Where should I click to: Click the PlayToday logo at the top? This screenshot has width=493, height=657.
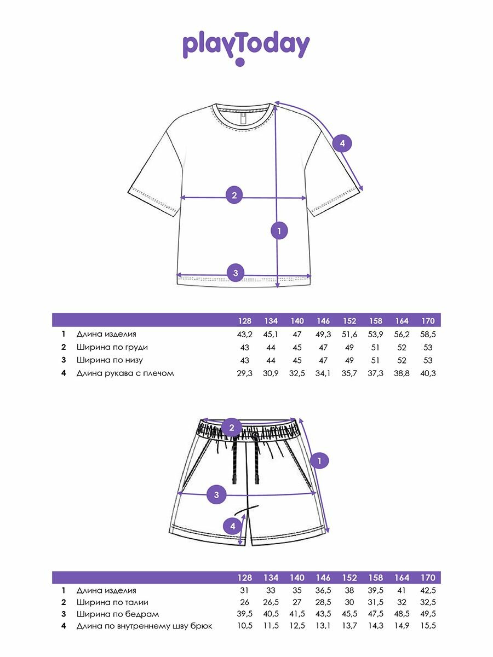246,47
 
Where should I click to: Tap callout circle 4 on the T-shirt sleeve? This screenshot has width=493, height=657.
342,143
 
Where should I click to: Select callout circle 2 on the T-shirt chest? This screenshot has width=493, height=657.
234,194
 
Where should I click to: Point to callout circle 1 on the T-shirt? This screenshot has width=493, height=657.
279,231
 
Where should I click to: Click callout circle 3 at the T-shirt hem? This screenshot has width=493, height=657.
236,273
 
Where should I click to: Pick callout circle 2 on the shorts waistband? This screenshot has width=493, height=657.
232,428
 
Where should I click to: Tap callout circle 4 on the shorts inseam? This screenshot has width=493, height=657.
233,526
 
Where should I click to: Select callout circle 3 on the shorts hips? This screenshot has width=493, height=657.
216,495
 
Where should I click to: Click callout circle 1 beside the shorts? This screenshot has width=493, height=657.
319,461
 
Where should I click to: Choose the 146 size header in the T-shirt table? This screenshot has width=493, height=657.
323,321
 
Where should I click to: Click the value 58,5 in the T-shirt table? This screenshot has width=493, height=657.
428,334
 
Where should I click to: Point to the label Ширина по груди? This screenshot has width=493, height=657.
112,347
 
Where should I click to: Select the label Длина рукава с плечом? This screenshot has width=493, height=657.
125,373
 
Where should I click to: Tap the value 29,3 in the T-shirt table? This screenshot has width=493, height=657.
244,373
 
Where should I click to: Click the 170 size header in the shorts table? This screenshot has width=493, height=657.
428,578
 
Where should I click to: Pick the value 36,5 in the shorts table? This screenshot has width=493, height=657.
323,591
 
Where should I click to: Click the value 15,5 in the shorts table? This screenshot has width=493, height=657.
428,626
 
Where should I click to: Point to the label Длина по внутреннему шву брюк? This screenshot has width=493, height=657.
144,626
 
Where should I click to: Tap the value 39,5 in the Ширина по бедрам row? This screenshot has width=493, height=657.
244,614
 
